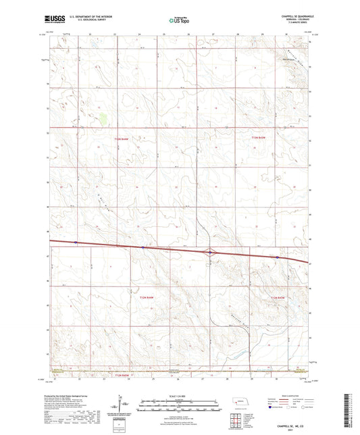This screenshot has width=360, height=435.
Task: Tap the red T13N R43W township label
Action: pyautogui.click(x=258, y=138)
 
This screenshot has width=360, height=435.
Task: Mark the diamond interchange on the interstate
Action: pyautogui.click(x=211, y=253)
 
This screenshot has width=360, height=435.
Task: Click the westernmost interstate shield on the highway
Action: pyautogui.click(x=76, y=242)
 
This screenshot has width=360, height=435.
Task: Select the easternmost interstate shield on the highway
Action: pyautogui.click(x=277, y=257)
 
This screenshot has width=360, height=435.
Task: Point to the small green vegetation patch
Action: pyautogui.click(x=103, y=120)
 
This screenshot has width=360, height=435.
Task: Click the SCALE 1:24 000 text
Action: pyautogui.click(x=178, y=396)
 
